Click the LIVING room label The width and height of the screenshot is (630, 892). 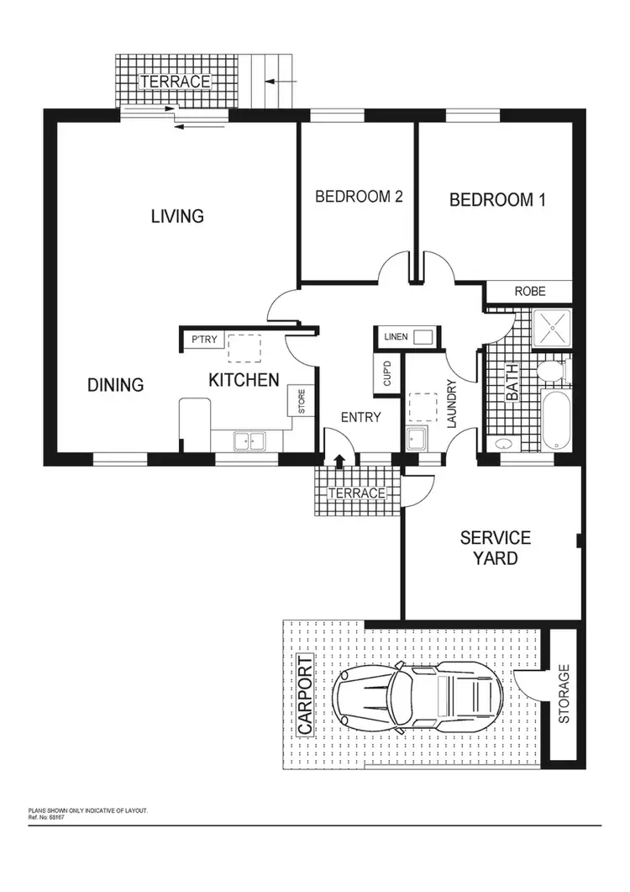(177, 216)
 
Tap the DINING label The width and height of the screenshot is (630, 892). (116, 385)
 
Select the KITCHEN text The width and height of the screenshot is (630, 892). (244, 381)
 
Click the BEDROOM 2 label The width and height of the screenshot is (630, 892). (359, 197)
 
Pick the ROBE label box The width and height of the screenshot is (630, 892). (530, 292)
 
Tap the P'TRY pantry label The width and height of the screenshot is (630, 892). (204, 340)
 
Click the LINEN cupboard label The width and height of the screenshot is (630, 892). (396, 337)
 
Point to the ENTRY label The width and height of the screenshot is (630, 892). (361, 417)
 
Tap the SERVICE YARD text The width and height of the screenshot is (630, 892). (496, 546)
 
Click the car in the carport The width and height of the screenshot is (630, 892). (417, 695)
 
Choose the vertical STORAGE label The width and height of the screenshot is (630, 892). (564, 694)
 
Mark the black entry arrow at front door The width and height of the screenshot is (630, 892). (339, 460)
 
